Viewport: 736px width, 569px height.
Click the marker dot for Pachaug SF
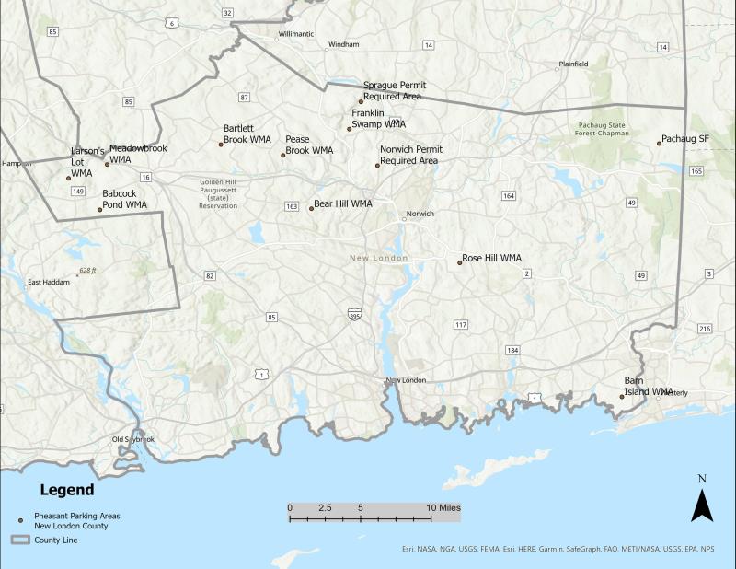tap(660, 142)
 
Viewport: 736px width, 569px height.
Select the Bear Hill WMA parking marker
tap(311, 208)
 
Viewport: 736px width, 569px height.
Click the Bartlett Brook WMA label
tap(247, 134)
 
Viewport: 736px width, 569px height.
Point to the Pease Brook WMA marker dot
tap(283, 155)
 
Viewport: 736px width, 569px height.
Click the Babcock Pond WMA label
tap(125, 199)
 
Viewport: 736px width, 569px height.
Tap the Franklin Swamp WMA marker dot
tap(350, 129)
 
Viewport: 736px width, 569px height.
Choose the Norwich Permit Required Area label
tap(410, 155)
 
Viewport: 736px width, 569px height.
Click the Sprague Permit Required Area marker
tap(361, 101)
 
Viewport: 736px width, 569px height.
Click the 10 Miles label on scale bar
tap(443, 507)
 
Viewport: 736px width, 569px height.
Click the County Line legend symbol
tap(19, 540)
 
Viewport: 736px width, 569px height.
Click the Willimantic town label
tap(296, 33)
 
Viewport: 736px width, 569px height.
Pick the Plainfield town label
tap(571, 64)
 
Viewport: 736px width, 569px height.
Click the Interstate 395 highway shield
tap(355, 316)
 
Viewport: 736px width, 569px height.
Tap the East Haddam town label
tap(48, 282)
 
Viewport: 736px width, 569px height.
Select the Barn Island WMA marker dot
tap(622, 397)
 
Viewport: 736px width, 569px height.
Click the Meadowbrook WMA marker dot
tap(107, 164)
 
